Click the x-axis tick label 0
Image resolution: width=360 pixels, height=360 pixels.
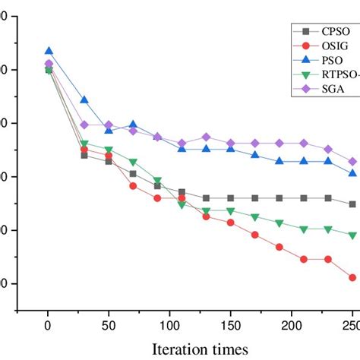pos(48,325)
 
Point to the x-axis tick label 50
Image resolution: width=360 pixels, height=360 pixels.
pos(109,325)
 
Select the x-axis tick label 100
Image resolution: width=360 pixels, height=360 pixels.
pos(169,325)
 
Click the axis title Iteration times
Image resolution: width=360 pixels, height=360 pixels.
pos(200,349)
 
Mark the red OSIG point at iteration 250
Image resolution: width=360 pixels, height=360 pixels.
pos(352,278)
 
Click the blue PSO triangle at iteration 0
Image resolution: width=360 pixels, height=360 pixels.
pos(49,51)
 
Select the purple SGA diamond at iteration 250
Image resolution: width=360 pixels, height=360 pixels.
pos(352,162)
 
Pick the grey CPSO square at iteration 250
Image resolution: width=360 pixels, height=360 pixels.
pos(352,204)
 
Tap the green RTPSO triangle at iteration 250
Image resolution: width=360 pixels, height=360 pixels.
pos(352,235)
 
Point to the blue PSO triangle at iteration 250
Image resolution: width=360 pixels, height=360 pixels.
pos(352,173)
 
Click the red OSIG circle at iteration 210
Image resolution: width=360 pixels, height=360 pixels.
pos(304,259)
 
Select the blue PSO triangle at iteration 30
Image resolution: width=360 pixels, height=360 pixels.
pos(84,100)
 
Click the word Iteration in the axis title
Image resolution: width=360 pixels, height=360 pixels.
pos(182,349)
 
